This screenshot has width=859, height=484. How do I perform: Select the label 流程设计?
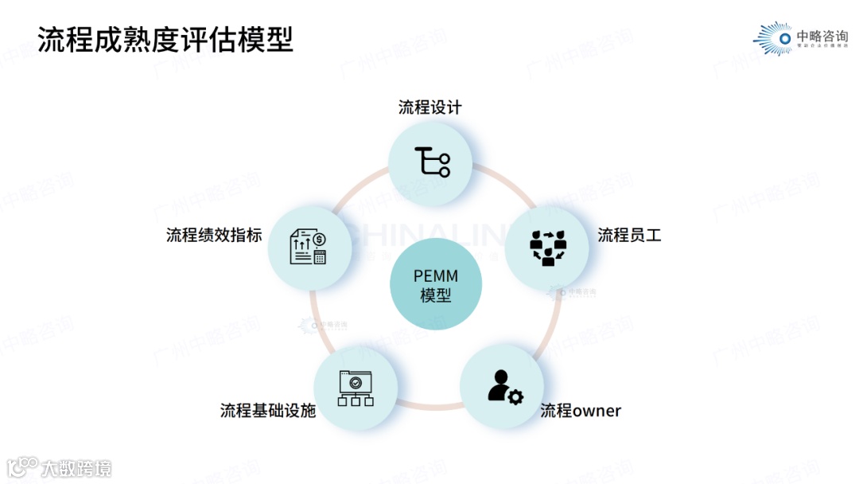pos(429,107)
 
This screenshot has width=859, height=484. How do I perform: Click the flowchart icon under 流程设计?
pos(432,162)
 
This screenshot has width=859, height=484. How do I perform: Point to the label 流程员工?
pos(629,235)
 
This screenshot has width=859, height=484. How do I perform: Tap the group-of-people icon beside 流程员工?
pos(547,247)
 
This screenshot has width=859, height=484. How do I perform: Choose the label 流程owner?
pos(581,411)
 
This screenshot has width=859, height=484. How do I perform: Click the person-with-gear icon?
pos(504,387)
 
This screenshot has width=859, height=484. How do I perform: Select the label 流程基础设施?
pos(268,411)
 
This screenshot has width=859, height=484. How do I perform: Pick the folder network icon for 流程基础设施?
pos(356,388)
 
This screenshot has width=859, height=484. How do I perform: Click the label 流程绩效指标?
pos(214,235)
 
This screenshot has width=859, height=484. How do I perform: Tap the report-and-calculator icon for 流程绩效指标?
pos(309,247)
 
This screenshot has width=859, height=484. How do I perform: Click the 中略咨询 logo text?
pos(822,35)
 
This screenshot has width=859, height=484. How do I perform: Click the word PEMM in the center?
pos(436,276)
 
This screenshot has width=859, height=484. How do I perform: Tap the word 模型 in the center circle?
pos(436,296)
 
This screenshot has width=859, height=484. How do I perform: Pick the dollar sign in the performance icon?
pos(320,239)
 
